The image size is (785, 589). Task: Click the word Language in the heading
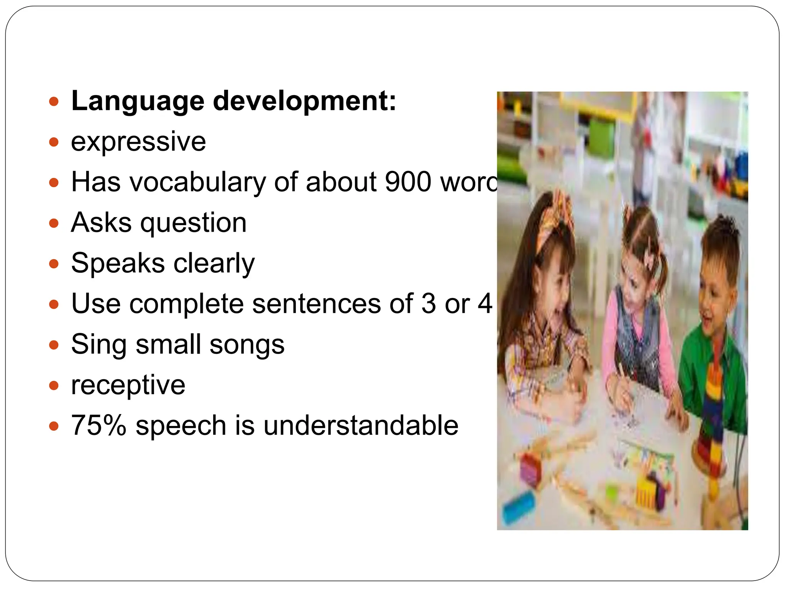[138, 102]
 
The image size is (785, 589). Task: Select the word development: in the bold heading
[304, 102]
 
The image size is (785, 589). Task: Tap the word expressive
[138, 142]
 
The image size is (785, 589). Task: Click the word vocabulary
[198, 183]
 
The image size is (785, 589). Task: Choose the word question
[193, 224]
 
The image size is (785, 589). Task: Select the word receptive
[128, 385]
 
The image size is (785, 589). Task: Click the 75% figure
[99, 425]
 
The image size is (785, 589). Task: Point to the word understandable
[361, 425]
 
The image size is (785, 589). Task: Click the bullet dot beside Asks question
[54, 223]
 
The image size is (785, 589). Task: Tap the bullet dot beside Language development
[54, 102]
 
